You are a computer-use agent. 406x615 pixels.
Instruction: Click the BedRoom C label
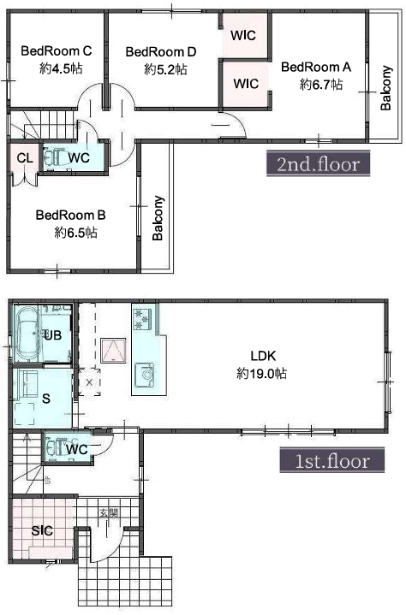pos(57,51)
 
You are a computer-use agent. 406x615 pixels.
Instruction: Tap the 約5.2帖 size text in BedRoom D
pos(165,70)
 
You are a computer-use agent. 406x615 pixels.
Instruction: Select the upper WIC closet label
pos(243,35)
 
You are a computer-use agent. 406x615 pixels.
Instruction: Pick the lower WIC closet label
pos(246,84)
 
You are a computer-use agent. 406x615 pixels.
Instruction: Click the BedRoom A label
pos(316,67)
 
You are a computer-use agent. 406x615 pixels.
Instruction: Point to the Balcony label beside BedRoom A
pos(386,88)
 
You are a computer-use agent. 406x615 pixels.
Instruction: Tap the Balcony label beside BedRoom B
pos(158,217)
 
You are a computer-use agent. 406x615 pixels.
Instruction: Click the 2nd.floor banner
pos(318,164)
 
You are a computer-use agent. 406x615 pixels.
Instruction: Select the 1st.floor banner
pos(331,460)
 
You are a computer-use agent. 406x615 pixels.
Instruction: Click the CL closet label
pos(25,158)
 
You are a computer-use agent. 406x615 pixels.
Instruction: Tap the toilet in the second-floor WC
pos(54,157)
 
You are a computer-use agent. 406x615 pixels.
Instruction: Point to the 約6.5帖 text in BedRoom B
pos(75,233)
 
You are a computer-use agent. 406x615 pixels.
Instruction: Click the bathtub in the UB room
pos(27,334)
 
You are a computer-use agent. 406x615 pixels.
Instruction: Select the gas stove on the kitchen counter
pos(142,319)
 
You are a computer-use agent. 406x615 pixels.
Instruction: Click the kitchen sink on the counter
pos(145,375)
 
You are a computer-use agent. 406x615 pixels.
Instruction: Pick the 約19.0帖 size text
pos(261,373)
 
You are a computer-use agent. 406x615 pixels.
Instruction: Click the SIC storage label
pos(42,530)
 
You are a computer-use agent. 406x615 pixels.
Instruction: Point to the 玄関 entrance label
pos(109,513)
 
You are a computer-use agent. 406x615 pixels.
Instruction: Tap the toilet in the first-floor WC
pos(56,446)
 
